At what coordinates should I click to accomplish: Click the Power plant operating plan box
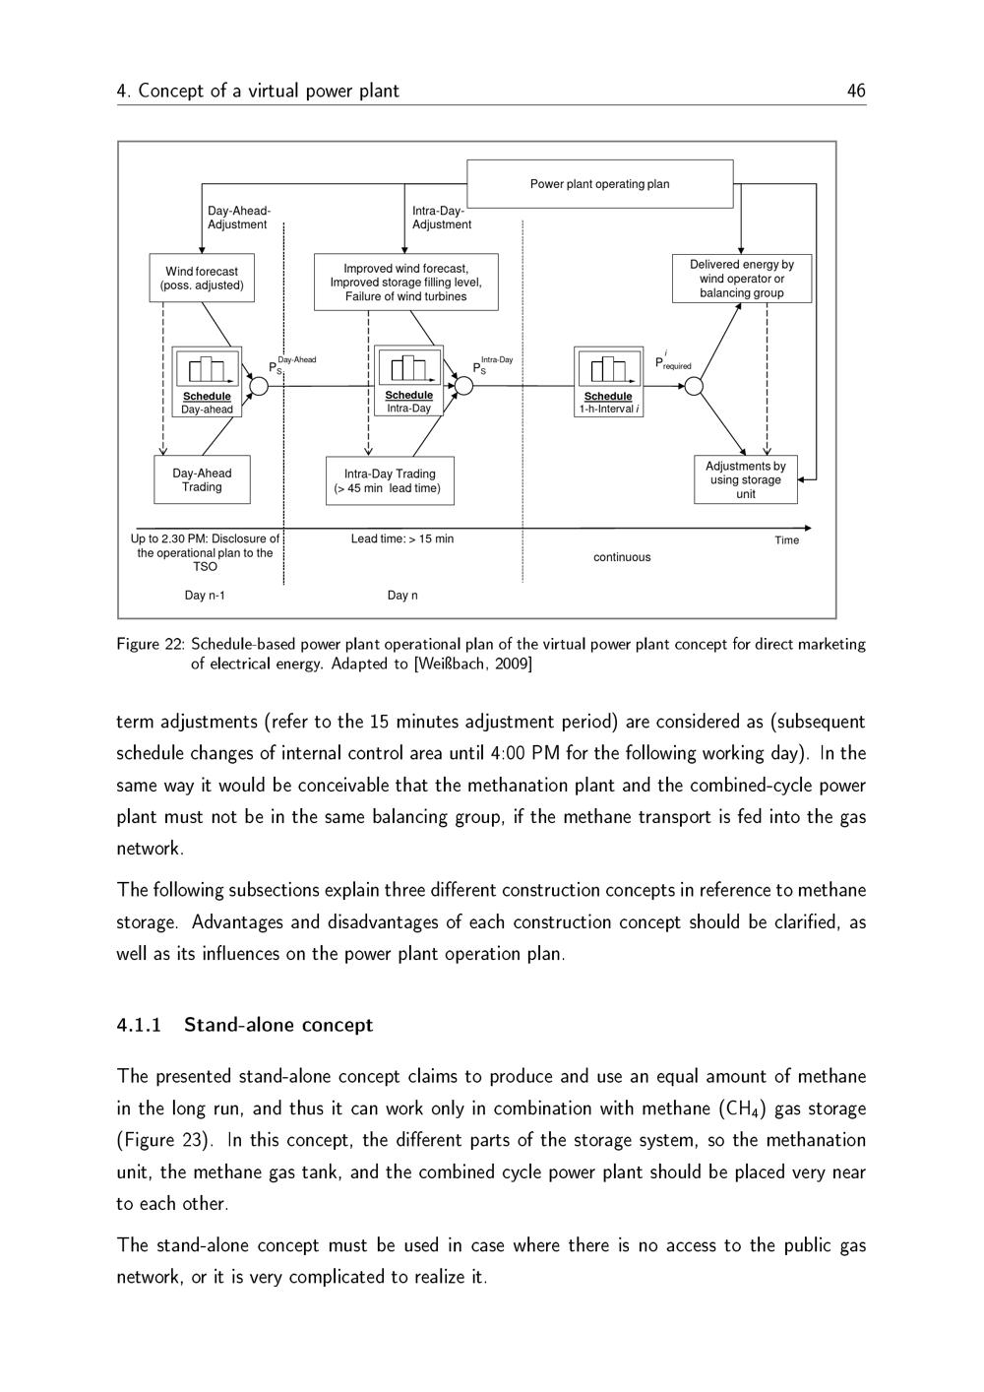tap(599, 184)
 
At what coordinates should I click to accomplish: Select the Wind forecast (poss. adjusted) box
tap(202, 279)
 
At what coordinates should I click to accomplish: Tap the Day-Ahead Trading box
tap(202, 480)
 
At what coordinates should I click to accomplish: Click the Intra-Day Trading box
tap(390, 481)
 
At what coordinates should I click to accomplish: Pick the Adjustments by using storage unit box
tap(745, 480)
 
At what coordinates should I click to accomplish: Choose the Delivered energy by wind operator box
tap(741, 279)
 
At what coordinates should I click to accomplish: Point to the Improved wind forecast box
tap(405, 283)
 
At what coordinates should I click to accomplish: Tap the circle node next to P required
tap(694, 386)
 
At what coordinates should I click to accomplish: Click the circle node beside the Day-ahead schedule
tap(259, 386)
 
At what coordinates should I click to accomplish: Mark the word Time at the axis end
tap(786, 540)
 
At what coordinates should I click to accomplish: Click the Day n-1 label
tap(205, 596)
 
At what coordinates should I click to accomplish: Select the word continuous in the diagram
tap(622, 557)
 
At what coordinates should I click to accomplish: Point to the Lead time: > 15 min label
tap(402, 539)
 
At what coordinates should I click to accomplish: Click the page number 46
tap(856, 92)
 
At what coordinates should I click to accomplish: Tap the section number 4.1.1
tap(139, 1025)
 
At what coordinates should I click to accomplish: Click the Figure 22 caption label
tap(151, 645)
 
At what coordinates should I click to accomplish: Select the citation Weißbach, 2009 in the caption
tap(473, 664)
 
